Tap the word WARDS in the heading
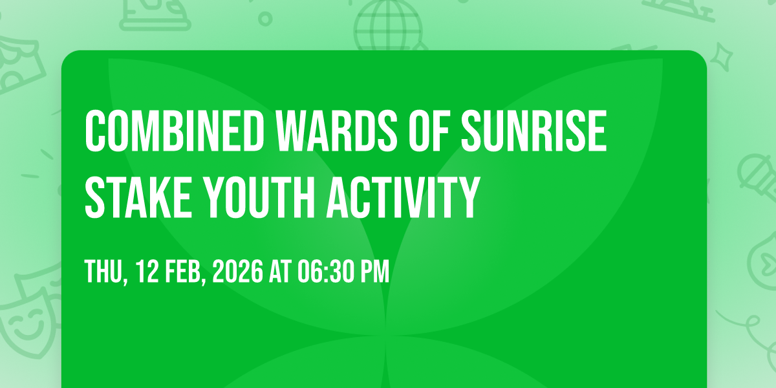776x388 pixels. [x=336, y=131]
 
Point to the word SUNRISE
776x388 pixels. [x=534, y=131]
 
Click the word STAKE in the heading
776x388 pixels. [x=138, y=197]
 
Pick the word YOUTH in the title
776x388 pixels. [x=259, y=197]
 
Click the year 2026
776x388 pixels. [x=238, y=271]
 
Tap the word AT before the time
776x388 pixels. [x=281, y=271]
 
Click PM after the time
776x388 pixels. [x=376, y=271]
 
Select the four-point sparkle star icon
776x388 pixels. [x=722, y=56]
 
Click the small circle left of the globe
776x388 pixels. [x=265, y=19]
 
